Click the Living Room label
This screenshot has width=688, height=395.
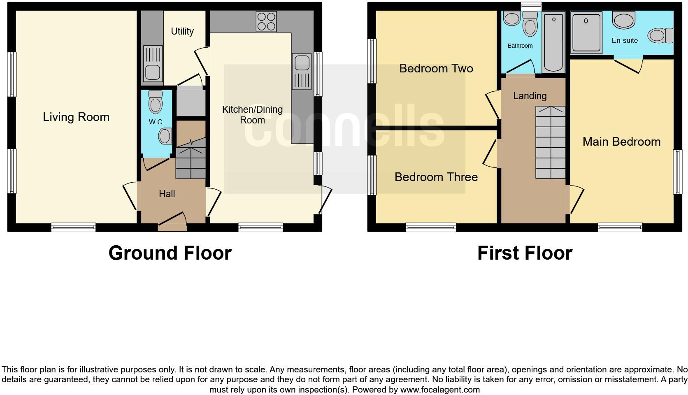coord(76,117)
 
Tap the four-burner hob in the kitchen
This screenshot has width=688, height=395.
coord(266,21)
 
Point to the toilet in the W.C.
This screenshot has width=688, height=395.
coord(155,102)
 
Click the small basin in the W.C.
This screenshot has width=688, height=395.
coord(165,136)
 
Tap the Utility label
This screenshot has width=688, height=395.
coord(182,31)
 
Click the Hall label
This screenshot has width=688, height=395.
coord(167,194)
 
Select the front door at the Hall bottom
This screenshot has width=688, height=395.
coord(172,222)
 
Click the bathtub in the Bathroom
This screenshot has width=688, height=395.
coord(554,42)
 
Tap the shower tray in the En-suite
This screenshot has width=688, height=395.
coord(586,32)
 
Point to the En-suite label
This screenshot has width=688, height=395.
coord(625,40)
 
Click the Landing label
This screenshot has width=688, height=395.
coord(530,96)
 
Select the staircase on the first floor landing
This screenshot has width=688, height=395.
coord(550,142)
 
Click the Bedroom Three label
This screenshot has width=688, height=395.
coord(436,177)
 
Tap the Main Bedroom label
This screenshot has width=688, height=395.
coord(621,142)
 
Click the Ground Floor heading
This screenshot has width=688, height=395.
coord(170,253)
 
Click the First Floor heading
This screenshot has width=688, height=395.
coord(525,253)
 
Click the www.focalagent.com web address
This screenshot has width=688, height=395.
coord(440,390)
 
